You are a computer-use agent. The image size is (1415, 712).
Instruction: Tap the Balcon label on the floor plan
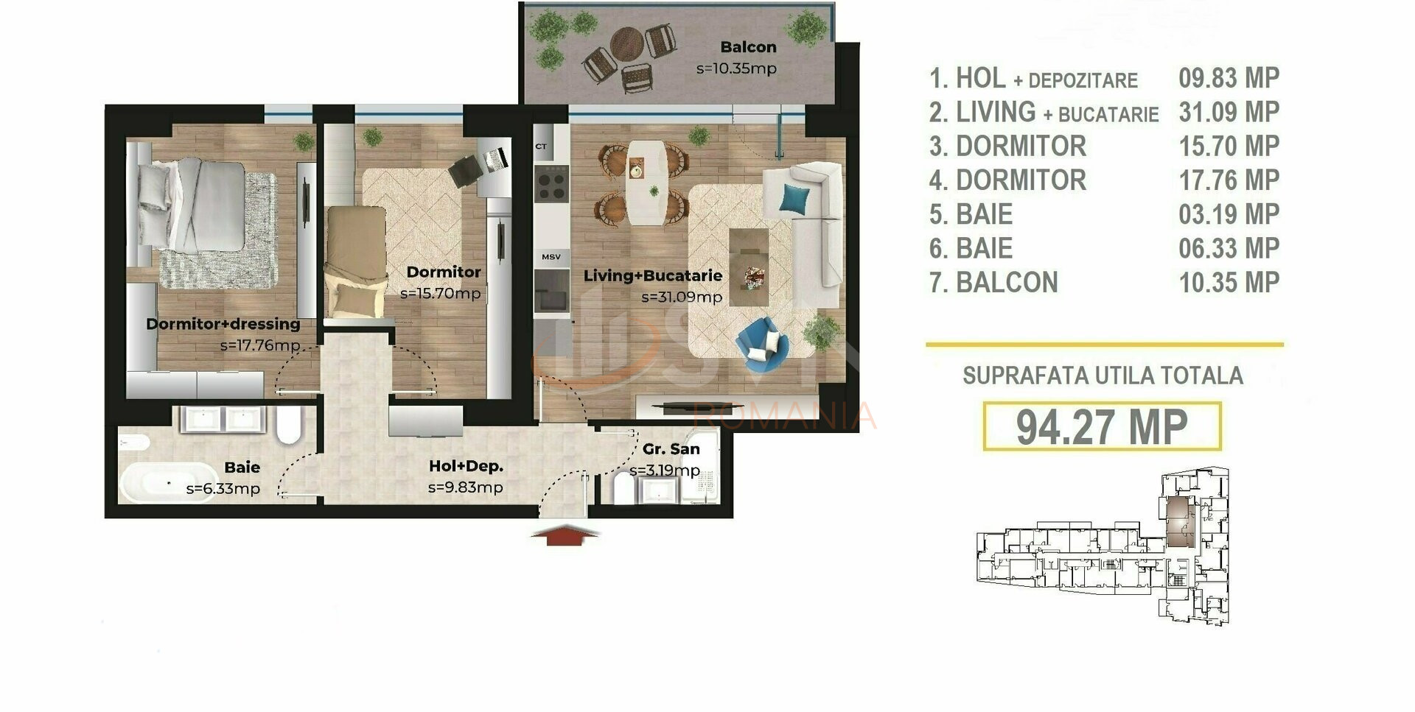(748, 47)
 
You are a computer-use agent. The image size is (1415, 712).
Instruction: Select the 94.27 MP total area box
(1102, 426)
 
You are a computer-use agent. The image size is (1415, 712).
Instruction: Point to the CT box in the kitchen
(542, 147)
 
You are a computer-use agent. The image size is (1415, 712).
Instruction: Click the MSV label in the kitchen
(551, 257)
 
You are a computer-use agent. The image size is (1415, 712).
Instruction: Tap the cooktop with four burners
(551, 183)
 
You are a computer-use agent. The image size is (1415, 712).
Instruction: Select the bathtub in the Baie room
(157, 484)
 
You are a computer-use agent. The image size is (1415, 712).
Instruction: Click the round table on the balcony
(627, 44)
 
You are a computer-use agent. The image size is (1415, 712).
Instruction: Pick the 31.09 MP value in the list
(1229, 112)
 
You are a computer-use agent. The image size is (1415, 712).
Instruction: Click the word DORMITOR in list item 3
(1021, 146)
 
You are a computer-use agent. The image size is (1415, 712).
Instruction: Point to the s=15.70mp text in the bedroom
(440, 293)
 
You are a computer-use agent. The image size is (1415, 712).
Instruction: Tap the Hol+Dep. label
(466, 466)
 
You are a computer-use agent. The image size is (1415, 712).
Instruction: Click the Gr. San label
(671, 449)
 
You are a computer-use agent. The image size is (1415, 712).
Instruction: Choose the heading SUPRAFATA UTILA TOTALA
(1103, 376)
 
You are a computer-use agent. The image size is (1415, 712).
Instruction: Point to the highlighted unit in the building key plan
(1180, 521)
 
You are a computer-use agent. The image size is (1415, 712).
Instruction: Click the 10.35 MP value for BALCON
(1229, 283)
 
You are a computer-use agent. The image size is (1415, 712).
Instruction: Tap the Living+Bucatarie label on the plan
(652, 276)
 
